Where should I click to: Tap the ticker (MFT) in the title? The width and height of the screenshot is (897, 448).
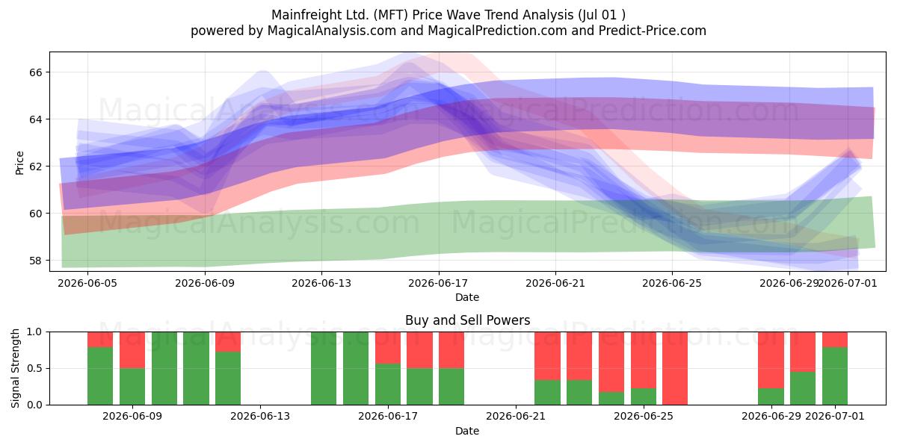click(x=390, y=15)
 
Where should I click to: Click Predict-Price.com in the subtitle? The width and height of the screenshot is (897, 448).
click(x=653, y=31)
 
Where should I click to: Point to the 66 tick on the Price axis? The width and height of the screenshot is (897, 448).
click(x=35, y=72)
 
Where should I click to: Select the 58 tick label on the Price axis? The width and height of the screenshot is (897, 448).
click(x=35, y=261)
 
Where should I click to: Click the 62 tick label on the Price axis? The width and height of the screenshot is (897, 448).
click(x=35, y=167)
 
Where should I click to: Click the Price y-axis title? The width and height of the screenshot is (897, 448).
click(x=19, y=163)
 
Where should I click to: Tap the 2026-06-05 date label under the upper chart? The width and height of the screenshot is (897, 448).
click(x=87, y=283)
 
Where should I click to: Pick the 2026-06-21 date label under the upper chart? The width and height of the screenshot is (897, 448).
click(x=555, y=283)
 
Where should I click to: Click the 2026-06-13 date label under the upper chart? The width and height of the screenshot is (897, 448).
click(x=321, y=283)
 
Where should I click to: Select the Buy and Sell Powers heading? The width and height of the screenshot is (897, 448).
click(x=467, y=320)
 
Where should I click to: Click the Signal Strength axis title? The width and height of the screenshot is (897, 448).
click(x=15, y=368)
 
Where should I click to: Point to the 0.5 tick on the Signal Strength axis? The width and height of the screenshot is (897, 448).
click(x=34, y=368)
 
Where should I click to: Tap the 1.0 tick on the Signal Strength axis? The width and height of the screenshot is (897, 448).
click(x=34, y=332)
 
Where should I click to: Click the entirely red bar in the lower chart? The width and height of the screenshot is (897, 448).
click(x=675, y=368)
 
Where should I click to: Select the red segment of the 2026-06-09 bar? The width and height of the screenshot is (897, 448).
click(x=132, y=350)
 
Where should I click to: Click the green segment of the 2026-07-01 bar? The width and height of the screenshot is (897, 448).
click(x=835, y=376)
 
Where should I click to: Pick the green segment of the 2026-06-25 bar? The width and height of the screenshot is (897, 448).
click(x=644, y=396)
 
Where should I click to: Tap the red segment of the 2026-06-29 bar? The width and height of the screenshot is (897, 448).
click(x=771, y=360)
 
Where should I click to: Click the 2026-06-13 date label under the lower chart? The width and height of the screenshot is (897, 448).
click(x=260, y=416)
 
